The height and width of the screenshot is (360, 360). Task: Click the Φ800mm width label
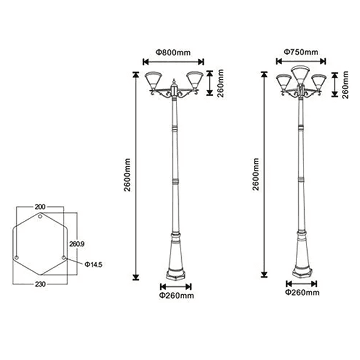click(173, 53)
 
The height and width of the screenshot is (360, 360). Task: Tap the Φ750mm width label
click(301, 52)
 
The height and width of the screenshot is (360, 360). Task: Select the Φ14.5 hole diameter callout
click(93, 265)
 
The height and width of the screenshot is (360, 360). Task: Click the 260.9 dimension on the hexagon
click(77, 244)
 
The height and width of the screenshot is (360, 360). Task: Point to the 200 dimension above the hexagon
click(40, 207)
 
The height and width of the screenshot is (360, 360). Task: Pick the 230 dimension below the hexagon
click(40, 284)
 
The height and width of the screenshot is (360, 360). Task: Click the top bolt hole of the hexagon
click(40, 216)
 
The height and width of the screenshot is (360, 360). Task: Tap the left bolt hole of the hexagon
click(16, 257)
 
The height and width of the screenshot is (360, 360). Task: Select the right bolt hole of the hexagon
click(64, 257)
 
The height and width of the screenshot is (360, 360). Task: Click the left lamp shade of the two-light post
click(154, 81)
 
